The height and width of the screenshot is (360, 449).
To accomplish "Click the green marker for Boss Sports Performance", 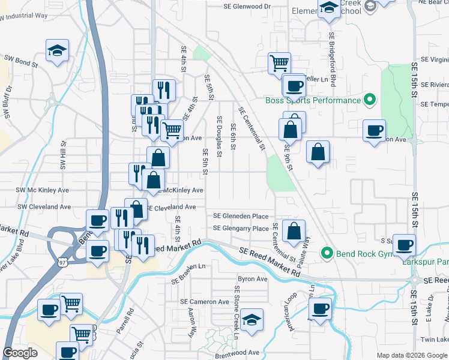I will click(x=370, y=100).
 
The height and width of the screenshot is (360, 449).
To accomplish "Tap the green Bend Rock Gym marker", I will click(x=327, y=253).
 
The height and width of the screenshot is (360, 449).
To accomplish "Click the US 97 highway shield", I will click(x=62, y=262).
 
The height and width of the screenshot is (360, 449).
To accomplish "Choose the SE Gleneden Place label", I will click(x=241, y=216).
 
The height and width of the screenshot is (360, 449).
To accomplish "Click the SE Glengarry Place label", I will click(x=241, y=229).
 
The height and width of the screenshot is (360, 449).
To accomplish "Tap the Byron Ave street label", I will click(x=253, y=279).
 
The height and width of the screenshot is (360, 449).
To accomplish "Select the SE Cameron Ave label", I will click(x=205, y=301).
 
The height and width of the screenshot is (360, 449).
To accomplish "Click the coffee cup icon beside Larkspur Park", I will click(x=405, y=245).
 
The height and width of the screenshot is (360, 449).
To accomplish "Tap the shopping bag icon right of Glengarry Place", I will click(x=294, y=231).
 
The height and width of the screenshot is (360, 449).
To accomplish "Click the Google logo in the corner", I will click(x=20, y=353).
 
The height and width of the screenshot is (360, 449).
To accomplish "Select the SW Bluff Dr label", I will click(x=7, y=100).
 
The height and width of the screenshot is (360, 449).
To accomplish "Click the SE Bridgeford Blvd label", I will click(x=331, y=58).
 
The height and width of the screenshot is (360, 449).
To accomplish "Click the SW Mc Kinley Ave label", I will click(x=44, y=190).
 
